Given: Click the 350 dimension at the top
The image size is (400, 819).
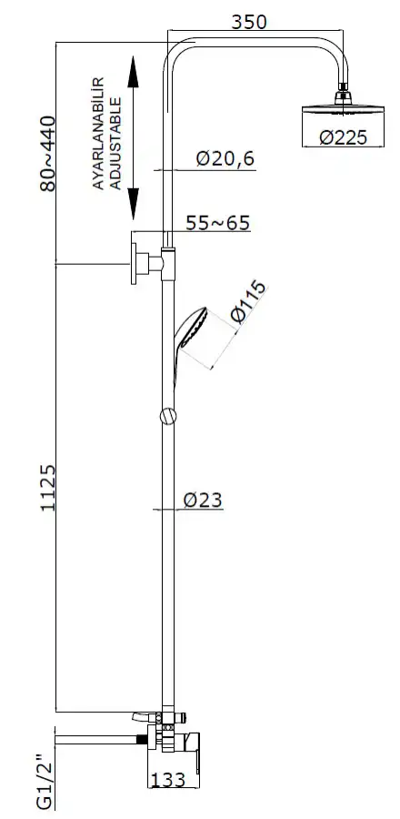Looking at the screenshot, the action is [249, 22].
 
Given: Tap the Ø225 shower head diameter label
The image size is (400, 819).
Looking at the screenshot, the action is [343, 137].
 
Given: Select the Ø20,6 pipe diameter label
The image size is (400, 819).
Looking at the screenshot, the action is [225, 158].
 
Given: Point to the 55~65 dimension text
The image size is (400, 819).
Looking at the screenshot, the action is [218, 223].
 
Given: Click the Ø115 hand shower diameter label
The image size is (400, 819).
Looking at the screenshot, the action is [247, 302].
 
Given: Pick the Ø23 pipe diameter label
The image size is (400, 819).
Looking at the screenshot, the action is [203, 500].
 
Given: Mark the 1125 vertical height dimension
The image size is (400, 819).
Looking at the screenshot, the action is [48, 488].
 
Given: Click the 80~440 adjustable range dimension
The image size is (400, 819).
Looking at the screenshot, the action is [47, 154].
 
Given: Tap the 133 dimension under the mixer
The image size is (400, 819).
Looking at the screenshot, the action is [168, 780].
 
